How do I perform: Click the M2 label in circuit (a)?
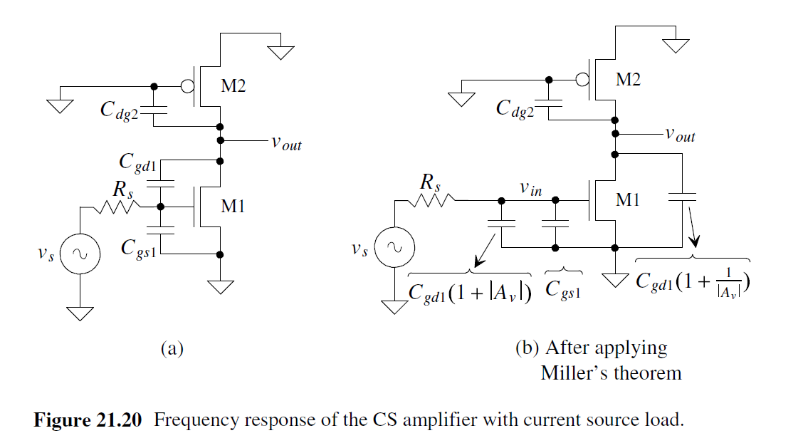[233, 86]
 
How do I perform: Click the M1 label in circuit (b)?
[628, 200]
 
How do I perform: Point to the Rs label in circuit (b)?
[429, 182]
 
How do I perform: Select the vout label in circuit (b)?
[679, 135]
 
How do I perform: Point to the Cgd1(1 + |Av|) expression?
[470, 293]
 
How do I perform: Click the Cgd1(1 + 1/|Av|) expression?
[694, 283]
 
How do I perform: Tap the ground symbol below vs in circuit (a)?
[80, 313]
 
